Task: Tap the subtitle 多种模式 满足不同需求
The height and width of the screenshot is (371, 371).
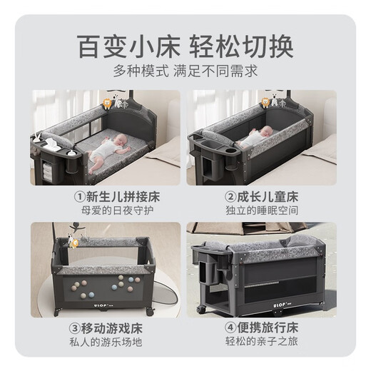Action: click(185, 71)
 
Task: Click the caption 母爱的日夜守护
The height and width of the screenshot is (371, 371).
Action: click(105, 211)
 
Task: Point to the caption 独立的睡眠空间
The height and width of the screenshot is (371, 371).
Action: click(263, 211)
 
